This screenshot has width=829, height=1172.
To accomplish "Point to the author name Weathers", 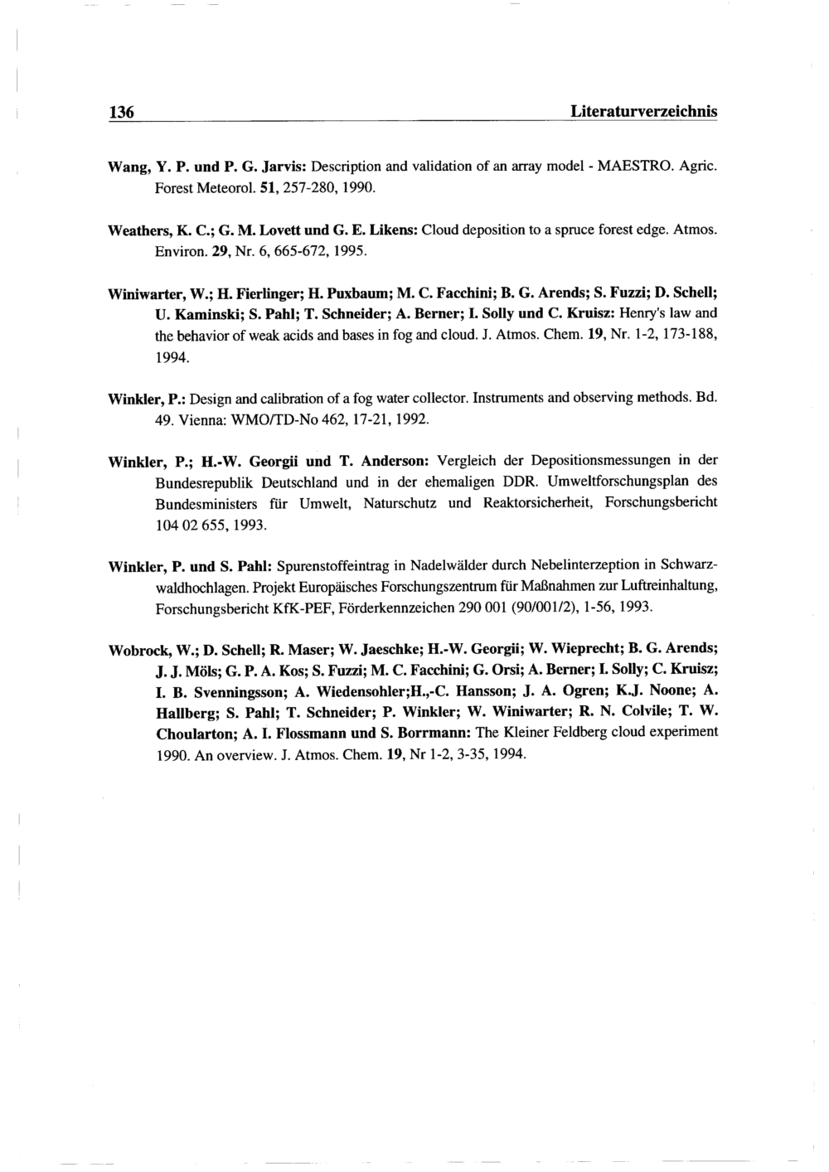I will pos(138,228).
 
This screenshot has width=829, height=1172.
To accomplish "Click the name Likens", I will pos(393,228).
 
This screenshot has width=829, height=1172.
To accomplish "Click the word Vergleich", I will pos(468,460).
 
